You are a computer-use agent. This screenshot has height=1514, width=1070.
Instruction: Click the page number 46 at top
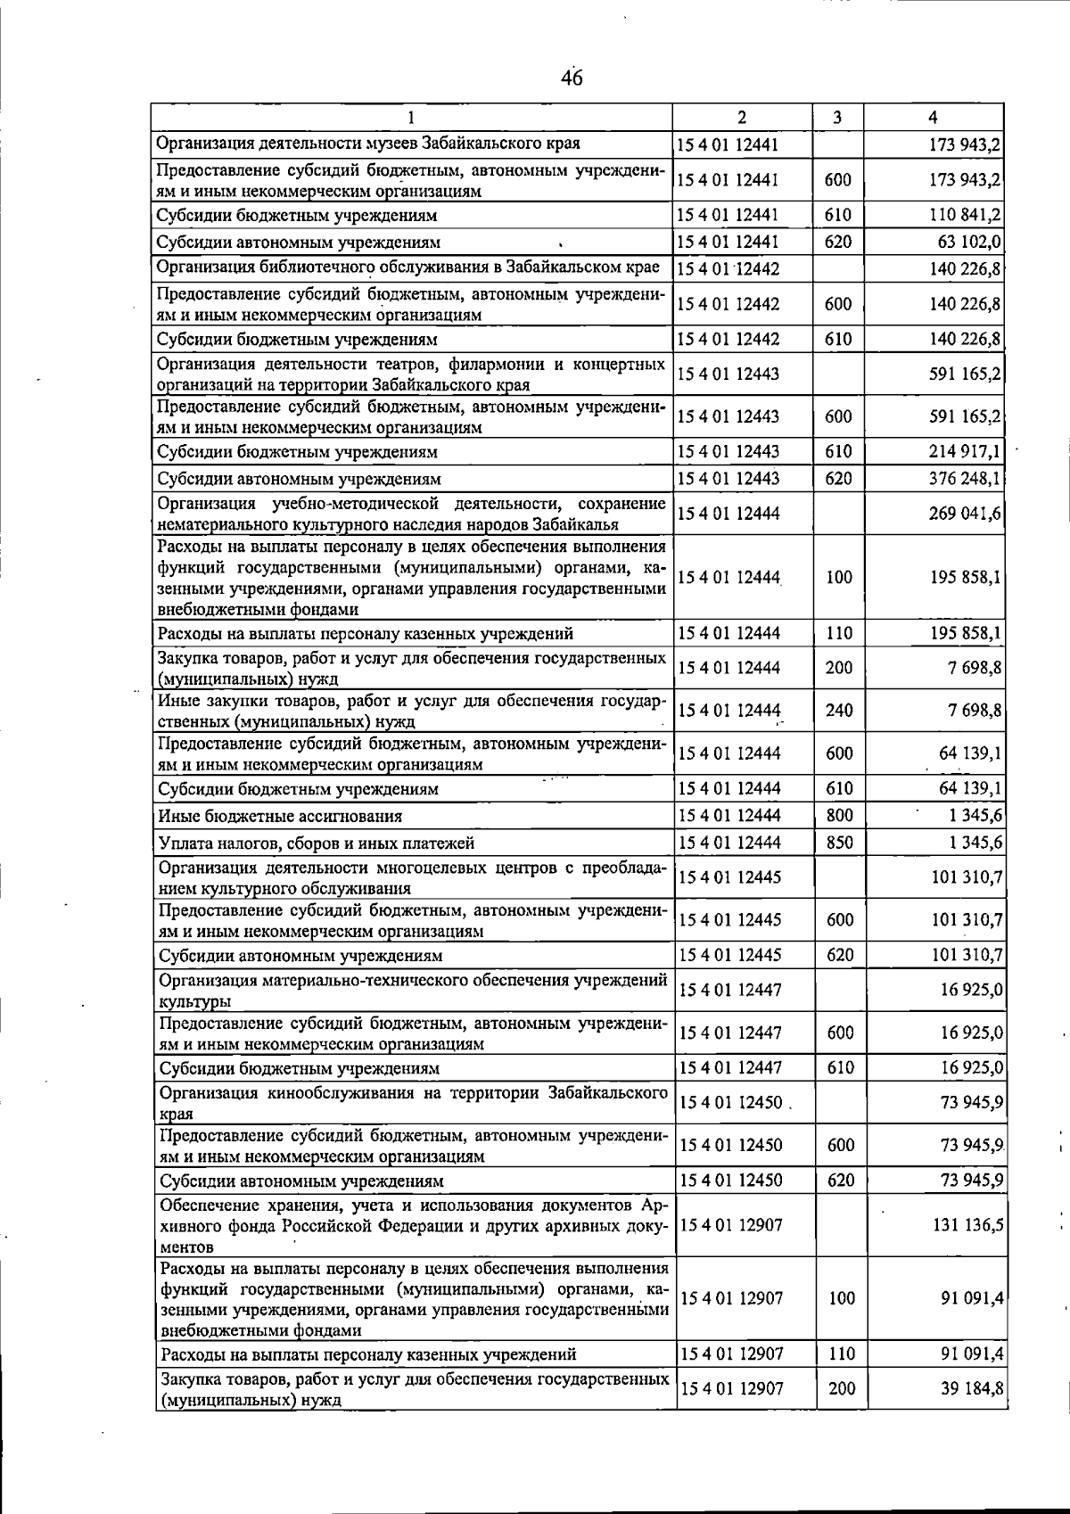[572, 78]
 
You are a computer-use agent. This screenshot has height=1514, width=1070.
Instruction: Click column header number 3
[837, 117]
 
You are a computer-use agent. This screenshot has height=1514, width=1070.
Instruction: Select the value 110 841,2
[965, 215]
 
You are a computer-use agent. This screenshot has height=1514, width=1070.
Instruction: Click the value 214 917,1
[965, 451]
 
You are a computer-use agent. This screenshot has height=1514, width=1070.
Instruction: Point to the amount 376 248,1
[965, 478]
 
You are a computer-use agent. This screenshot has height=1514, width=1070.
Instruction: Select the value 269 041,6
[965, 513]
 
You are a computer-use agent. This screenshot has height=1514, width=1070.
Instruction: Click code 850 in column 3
[838, 842]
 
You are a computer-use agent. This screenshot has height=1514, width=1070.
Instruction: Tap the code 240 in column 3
[838, 711]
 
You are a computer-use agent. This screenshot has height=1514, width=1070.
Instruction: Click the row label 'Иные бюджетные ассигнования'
[280, 816]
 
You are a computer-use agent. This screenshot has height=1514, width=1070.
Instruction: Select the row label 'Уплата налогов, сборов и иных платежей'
[316, 843]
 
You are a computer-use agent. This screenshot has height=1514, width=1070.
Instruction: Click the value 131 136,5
[967, 1225]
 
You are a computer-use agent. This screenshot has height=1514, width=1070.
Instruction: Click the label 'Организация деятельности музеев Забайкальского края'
[369, 143]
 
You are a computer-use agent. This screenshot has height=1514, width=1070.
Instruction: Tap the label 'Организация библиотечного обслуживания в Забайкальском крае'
[408, 267]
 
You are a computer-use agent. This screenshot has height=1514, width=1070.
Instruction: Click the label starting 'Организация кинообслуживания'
[413, 1102]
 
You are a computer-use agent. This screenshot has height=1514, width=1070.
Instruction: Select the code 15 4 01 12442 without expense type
[728, 269]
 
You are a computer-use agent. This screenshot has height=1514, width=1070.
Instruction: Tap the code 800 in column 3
[838, 815]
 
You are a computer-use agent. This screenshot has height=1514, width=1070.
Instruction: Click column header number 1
[411, 117]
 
